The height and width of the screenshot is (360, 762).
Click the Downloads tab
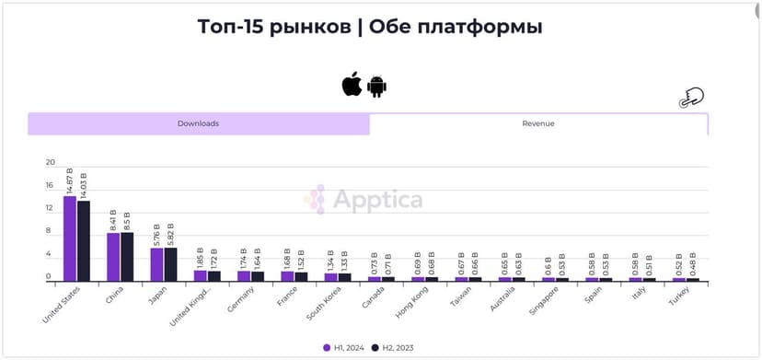click(x=198, y=123)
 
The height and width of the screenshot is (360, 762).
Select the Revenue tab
click(x=538, y=123)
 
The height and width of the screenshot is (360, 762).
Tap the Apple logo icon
click(x=352, y=86)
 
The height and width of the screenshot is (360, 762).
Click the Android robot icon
click(x=376, y=86)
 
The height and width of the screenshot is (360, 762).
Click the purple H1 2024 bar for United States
click(x=70, y=238)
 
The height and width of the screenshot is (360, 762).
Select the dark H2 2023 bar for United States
click(x=84, y=240)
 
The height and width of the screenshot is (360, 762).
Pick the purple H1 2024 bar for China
click(x=113, y=257)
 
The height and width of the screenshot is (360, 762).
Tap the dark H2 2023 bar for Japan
click(x=170, y=264)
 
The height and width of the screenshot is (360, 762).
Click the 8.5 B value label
click(x=127, y=221)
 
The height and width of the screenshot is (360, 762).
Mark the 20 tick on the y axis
click(x=51, y=162)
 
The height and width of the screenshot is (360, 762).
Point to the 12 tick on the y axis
click(x=51, y=209)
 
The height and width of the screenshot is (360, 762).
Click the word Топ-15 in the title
click(x=240, y=27)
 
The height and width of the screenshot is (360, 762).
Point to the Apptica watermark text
click(x=377, y=200)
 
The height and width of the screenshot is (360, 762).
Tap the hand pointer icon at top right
click(x=690, y=99)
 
